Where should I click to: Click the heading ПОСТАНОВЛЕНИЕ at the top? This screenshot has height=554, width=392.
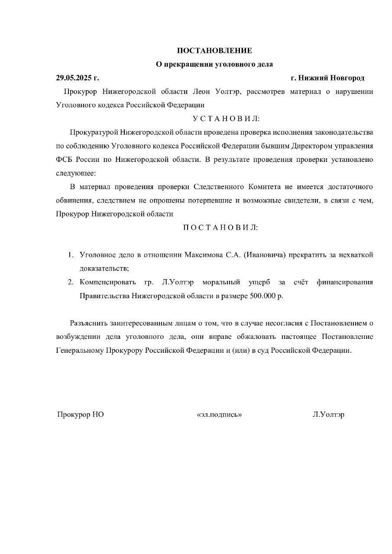click(214, 51)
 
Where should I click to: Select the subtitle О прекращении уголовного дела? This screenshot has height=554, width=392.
click(214, 64)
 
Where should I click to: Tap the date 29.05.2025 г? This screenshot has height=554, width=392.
click(77, 78)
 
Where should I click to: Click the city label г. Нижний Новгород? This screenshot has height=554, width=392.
click(327, 78)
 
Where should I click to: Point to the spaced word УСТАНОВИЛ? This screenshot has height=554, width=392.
click(226, 119)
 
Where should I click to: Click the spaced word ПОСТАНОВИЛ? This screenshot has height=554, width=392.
click(220, 227)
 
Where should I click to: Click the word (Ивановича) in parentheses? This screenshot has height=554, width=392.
click(265, 254)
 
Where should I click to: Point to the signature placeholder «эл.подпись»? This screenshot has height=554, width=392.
click(219, 415)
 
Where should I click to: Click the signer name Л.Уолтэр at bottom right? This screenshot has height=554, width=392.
click(328, 415)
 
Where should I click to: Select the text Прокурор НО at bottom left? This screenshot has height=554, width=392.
click(81, 415)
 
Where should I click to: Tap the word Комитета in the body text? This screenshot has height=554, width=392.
click(265, 187)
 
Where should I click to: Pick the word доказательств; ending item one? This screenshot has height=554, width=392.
click(104, 268)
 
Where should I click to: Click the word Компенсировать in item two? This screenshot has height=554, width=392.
click(108, 282)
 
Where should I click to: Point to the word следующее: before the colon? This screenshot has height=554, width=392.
click(75, 173)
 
